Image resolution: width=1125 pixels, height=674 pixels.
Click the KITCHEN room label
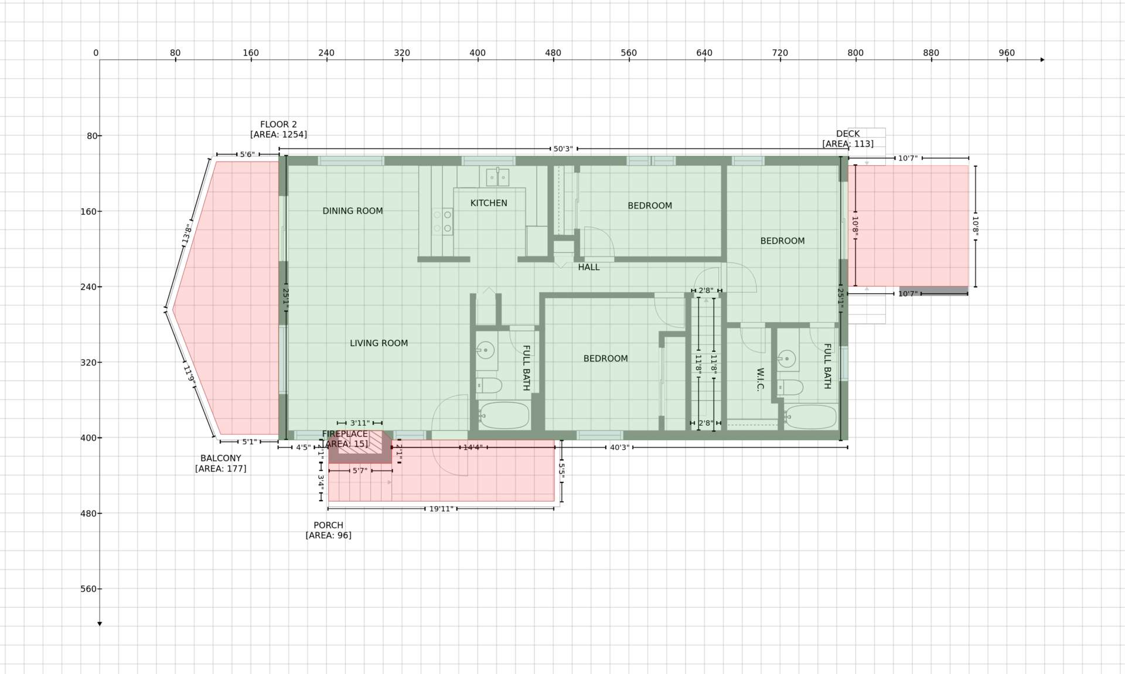489,203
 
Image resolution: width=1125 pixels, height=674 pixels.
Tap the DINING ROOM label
353,211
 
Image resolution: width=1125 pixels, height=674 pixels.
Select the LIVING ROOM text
379,343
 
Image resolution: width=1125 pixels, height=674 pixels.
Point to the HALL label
589,267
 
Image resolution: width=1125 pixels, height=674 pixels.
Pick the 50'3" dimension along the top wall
563,149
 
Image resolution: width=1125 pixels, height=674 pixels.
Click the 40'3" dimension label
619,447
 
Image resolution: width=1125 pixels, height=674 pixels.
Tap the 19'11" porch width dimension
441,509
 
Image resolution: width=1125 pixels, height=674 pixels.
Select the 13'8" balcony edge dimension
187,234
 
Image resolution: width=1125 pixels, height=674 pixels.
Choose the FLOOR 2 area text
278,129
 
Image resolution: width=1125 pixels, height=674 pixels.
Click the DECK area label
848,139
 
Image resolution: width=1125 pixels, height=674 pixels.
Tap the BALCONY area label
220,463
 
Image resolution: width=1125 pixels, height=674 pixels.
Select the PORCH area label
328,530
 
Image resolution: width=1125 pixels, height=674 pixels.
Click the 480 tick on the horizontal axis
553,53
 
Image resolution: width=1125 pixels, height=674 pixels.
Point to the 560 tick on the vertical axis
89,589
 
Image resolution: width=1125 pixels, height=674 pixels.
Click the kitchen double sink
497,176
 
